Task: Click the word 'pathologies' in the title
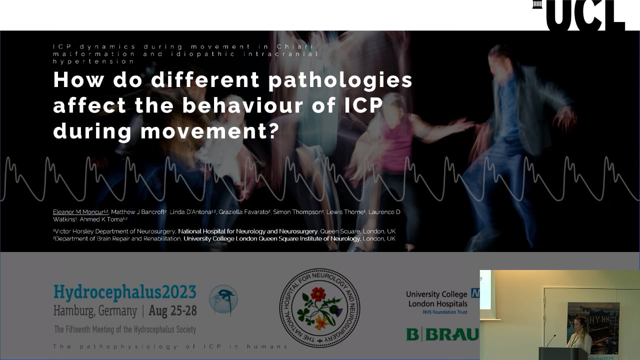340,80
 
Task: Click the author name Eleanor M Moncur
80,212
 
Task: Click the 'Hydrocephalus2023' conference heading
125,292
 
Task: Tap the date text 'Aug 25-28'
172,310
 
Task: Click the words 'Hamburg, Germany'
95,310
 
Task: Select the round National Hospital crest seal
319,308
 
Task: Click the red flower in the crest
318,294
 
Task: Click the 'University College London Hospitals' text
436,299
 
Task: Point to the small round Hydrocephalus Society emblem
223,300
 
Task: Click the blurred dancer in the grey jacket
520,130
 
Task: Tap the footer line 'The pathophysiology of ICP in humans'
170,346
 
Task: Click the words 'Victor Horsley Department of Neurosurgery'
115,231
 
